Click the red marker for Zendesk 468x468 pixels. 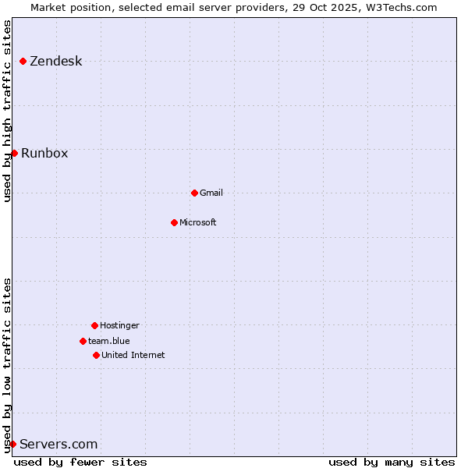point(23,61)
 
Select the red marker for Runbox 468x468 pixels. point(14,153)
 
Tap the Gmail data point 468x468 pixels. point(194,193)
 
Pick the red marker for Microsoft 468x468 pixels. point(174,222)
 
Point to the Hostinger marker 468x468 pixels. point(94,325)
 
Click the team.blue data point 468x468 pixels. point(83,341)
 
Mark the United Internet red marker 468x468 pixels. point(96,355)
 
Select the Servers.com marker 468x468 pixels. point(12,444)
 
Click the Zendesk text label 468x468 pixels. point(55,62)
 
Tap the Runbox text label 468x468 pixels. point(44,153)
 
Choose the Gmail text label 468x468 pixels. point(211,193)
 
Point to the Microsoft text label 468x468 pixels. point(198,222)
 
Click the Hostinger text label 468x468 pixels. point(119,325)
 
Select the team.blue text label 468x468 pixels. point(109,341)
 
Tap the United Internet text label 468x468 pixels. point(133,355)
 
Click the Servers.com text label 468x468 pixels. point(58,445)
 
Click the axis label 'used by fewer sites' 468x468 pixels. point(80,462)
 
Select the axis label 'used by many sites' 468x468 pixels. point(392,462)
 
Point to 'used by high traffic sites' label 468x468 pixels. point(8,111)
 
